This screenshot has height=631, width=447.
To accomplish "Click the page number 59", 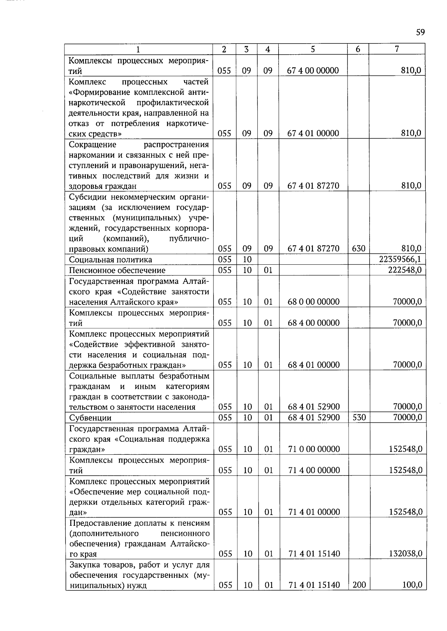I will [x=420, y=32].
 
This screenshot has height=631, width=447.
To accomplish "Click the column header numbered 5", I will [x=313, y=49].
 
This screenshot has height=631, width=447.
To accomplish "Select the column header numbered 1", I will [x=138, y=49].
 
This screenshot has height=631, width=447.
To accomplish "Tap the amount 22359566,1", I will [x=398, y=259].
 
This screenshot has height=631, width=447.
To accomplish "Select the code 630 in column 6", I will [x=358, y=248].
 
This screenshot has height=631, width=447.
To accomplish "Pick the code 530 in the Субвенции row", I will [x=359, y=417].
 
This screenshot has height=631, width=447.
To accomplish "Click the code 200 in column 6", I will [x=359, y=585].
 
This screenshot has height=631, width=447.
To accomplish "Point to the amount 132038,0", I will [x=406, y=554].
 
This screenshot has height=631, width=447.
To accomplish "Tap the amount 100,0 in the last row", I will [x=412, y=585].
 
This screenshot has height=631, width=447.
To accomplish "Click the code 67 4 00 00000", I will [x=313, y=71].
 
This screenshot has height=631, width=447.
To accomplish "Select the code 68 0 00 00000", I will [x=314, y=302].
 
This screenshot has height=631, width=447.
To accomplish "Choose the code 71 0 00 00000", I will [x=314, y=449].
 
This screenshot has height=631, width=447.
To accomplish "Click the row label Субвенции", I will [x=91, y=418].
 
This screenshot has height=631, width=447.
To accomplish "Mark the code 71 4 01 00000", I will [x=314, y=512].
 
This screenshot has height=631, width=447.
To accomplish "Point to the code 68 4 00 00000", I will [x=314, y=323].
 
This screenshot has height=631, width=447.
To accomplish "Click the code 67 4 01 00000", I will [x=313, y=133].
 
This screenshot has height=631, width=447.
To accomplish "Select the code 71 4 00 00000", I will [x=314, y=470].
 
